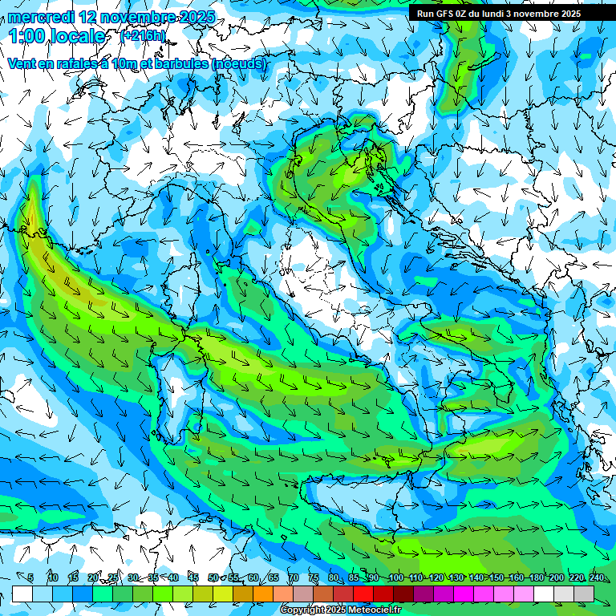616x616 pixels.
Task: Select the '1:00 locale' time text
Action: coord(57,36)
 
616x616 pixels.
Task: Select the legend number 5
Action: coord(30,577)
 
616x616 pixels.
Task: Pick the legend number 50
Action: coord(213,577)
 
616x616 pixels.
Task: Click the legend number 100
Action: coord(395,577)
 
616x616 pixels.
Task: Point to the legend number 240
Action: coord(597,577)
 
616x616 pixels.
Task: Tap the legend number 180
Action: coord(537,577)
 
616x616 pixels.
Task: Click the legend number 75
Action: coord(314,577)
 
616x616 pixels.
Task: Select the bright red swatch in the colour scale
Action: coord(363,594)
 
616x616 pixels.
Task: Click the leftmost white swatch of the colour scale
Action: coord(22,594)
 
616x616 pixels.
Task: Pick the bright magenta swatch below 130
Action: coord(464,594)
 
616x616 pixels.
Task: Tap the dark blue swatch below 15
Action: coord(83,594)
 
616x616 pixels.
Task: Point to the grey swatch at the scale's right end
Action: coord(584,594)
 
